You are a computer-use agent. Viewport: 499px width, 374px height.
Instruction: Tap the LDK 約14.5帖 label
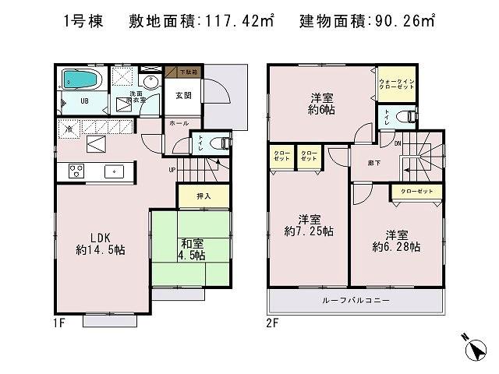click(x=101, y=243)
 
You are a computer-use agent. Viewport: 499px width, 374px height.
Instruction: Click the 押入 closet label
click(x=193, y=196)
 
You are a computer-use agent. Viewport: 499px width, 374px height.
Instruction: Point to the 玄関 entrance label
click(x=184, y=95)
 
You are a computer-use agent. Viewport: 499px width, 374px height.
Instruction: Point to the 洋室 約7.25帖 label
click(x=310, y=225)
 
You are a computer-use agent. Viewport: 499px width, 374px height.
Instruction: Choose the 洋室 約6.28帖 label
click(x=397, y=240)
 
